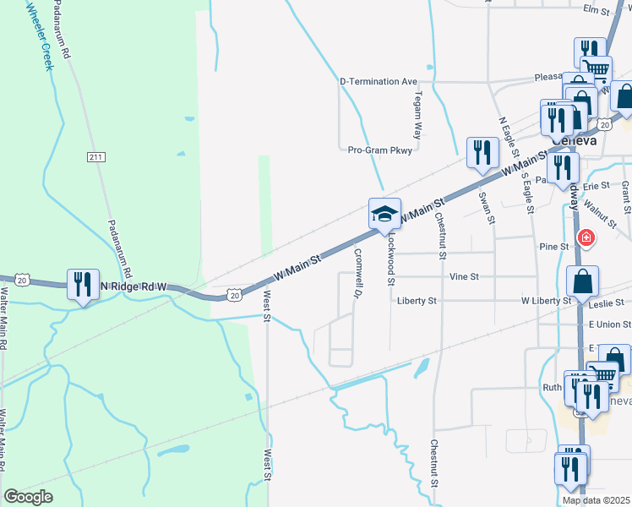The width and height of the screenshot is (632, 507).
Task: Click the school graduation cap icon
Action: coord(384,214)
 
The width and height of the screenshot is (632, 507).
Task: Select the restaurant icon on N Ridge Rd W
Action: coord(83,285)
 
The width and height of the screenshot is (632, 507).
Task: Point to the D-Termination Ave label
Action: coord(379,82)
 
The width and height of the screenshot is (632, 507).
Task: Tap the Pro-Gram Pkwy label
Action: coord(379,150)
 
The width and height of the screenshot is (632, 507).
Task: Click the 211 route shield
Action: coord(95,157)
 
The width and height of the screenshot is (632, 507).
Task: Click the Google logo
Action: coord(28,497)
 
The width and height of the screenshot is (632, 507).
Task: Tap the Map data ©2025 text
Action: coord(597,500)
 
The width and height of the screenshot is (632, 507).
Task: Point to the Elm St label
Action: coord(596,9)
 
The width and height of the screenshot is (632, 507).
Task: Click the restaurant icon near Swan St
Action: coord(482,153)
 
